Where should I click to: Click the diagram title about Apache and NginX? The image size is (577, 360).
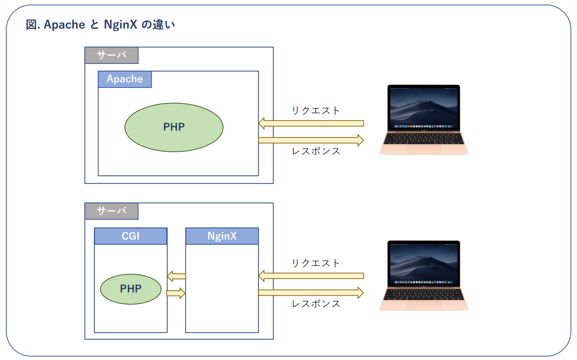click(x=101, y=25)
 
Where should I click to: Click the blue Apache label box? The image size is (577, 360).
click(x=125, y=79)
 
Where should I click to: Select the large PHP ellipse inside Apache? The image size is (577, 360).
click(x=174, y=127)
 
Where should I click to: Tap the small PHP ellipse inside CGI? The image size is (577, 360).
click(x=131, y=288)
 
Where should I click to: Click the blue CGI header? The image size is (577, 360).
click(x=131, y=236)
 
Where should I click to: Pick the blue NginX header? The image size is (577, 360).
click(x=222, y=236)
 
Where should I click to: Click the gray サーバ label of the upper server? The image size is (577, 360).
click(x=112, y=55)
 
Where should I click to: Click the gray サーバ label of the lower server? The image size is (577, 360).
click(x=112, y=211)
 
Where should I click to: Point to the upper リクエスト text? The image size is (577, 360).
click(x=316, y=110)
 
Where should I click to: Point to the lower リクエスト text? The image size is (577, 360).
click(x=316, y=263)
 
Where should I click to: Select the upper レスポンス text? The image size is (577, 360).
click(x=316, y=151)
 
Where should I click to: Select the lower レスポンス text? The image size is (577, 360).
click(x=316, y=303)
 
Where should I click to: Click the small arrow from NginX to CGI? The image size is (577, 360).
click(x=176, y=276)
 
